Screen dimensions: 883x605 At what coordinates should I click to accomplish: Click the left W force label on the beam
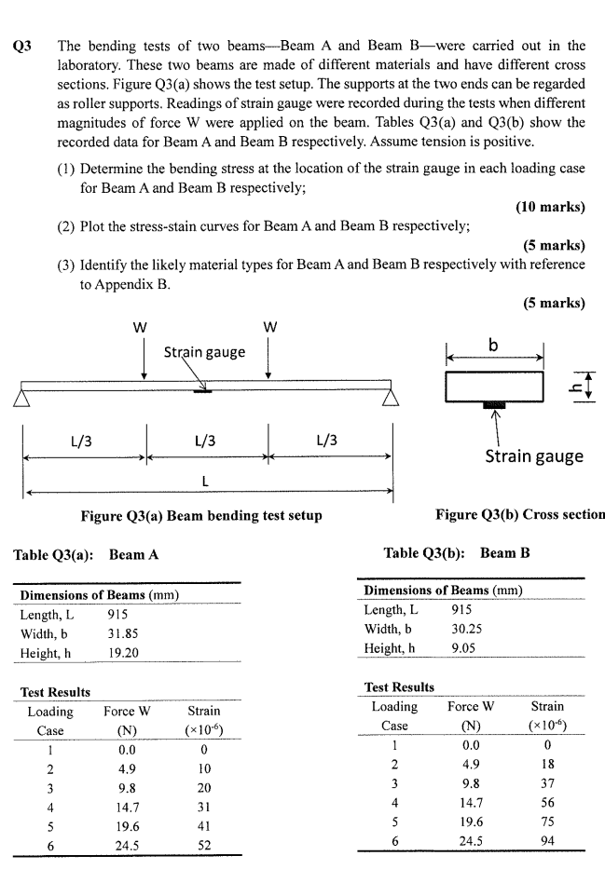point(143,328)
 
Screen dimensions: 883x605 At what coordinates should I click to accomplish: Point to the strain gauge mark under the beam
point(201,391)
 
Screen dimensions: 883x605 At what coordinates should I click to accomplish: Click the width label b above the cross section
point(494,346)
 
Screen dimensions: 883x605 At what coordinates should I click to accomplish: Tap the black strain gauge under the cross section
point(494,406)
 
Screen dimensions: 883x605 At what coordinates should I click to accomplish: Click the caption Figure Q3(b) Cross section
point(519,515)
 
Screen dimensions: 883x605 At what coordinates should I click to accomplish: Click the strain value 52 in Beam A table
point(204,845)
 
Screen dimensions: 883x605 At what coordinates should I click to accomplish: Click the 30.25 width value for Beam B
point(466,629)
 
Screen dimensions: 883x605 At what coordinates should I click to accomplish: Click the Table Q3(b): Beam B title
point(457,553)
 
